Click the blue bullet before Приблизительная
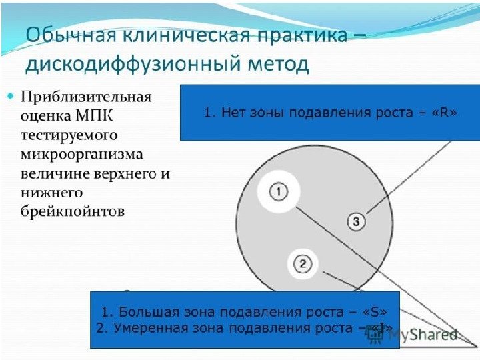pos(10,97)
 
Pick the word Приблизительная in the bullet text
pos(87,97)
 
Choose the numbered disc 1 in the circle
pos(279,192)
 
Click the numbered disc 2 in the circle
pos(302,265)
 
